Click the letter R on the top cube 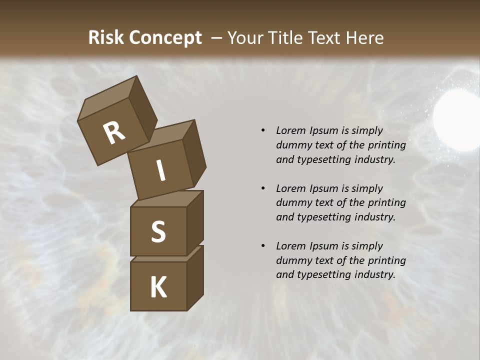(114, 133)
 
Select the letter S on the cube (158, 231)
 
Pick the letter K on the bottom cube (158, 287)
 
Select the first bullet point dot (263, 130)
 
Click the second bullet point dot (263, 188)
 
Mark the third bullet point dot (263, 246)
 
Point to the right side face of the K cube (195, 277)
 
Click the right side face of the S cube (195, 222)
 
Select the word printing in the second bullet (386, 202)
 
